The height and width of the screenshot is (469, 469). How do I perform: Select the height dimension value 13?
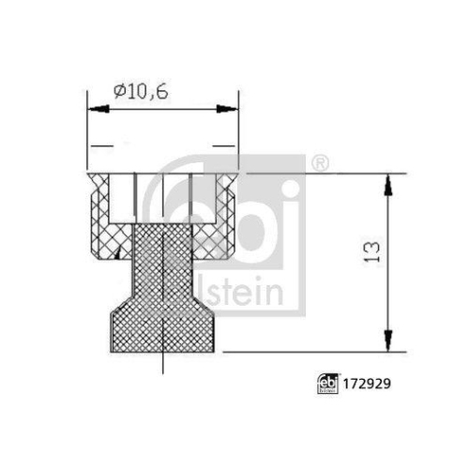tap(373, 250)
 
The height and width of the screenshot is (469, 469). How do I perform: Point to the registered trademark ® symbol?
tap(319, 165)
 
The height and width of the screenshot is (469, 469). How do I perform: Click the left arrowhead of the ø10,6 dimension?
tap(93, 109)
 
